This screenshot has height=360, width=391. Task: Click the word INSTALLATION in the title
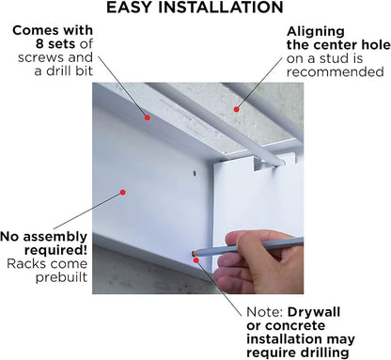tap(220, 8)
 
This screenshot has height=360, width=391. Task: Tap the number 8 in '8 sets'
tap(39, 44)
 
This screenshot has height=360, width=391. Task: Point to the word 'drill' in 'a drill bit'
tap(62, 70)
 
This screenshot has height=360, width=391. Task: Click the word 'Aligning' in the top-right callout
tap(316, 32)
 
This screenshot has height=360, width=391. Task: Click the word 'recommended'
tap(335, 72)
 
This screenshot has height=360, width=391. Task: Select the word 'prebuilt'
tap(61, 277)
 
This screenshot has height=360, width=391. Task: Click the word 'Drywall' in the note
tap(314, 312)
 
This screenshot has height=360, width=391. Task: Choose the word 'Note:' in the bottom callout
tap(265, 312)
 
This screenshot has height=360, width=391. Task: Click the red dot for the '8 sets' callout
tap(148, 117)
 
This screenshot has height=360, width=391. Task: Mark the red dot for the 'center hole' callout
tap(237, 109)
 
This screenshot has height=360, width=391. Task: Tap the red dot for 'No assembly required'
tap(123, 192)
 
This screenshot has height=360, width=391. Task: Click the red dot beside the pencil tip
tap(195, 260)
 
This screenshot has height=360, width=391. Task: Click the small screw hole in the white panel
tap(195, 173)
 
